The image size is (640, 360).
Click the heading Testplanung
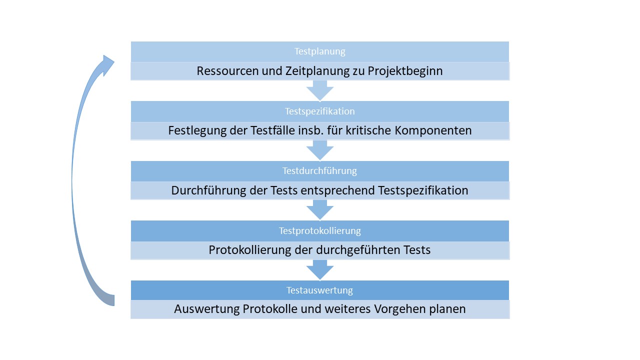click(x=319, y=51)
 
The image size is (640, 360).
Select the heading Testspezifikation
click(x=319, y=111)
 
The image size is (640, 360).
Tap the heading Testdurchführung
click(x=319, y=171)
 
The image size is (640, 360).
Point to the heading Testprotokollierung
click(x=319, y=230)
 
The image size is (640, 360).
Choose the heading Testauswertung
click(x=319, y=290)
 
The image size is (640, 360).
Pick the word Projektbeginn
click(x=405, y=71)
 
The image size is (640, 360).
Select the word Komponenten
click(x=433, y=131)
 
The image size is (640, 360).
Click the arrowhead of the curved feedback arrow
click(x=107, y=65)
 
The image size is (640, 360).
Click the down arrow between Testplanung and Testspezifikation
click(x=320, y=90)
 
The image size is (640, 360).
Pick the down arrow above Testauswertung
click(x=320, y=270)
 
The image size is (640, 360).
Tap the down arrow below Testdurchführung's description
click(x=320, y=210)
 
